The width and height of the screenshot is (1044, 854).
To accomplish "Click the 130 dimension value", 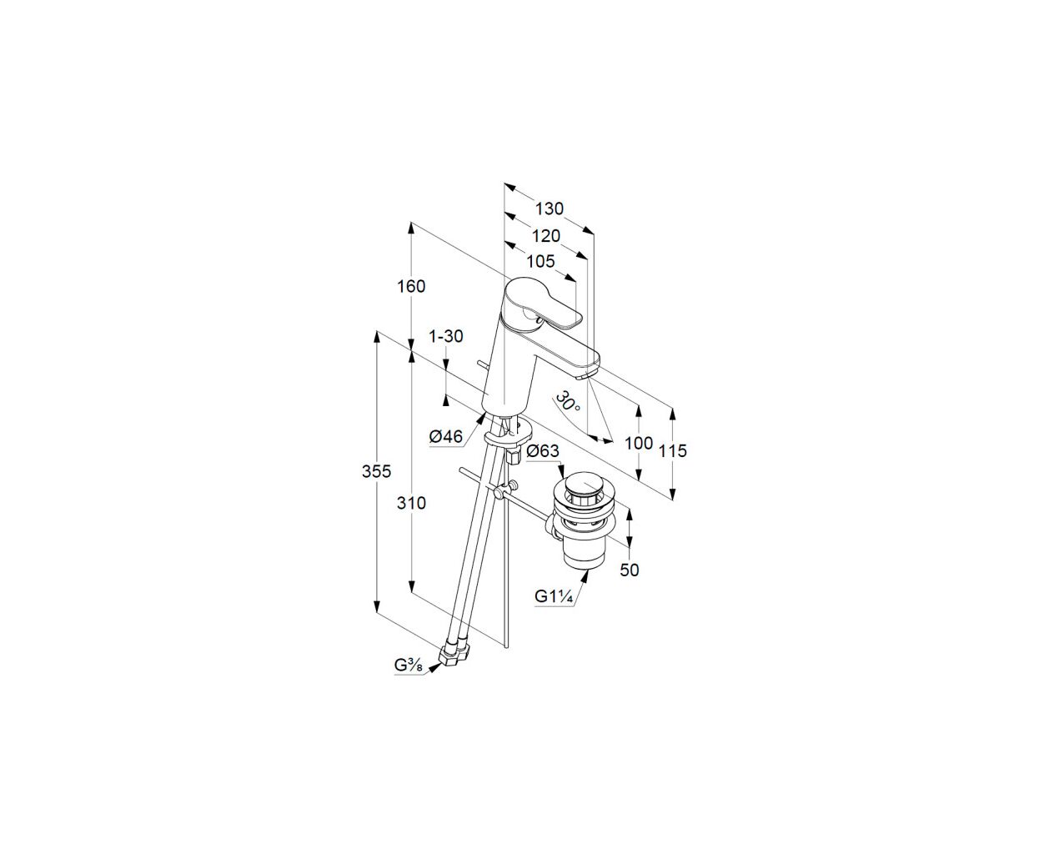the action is tap(549, 209).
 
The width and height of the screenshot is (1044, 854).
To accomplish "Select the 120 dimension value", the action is tap(545, 236).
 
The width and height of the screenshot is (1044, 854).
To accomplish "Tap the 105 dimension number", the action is tap(540, 261).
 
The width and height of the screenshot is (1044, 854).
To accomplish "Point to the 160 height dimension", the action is tap(411, 286).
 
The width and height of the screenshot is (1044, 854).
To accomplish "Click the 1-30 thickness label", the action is tap(445, 337).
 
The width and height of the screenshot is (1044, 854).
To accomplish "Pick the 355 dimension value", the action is tap(376, 471).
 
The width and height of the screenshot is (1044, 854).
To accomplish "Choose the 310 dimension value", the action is tap(411, 503).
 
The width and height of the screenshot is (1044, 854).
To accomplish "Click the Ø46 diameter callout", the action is tap(445, 436).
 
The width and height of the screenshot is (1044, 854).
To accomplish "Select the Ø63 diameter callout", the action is tap(543, 451).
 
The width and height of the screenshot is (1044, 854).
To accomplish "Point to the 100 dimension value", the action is tap(639, 443).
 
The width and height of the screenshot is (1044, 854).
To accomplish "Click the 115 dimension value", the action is tap(673, 450).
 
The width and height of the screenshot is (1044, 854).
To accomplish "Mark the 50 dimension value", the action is tap(630, 570).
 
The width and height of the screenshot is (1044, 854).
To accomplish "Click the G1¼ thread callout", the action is tap(554, 596).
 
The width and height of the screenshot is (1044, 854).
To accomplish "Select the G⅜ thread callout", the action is tap(409, 666).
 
